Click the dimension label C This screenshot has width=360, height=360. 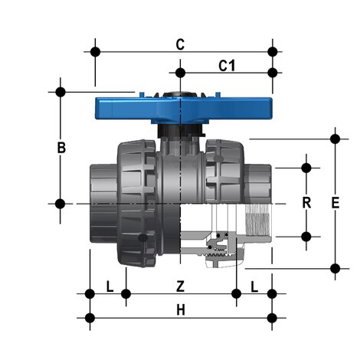(x=180, y=44)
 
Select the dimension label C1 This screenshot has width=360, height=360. (x=227, y=66)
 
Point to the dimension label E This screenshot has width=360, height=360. (x=334, y=203)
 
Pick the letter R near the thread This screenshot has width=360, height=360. (x=306, y=203)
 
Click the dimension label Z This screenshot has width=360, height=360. (x=181, y=286)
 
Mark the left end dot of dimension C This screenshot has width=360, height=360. (x=95, y=52)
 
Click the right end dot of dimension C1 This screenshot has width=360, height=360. (x=272, y=74)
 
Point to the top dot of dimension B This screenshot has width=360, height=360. (x=61, y=91)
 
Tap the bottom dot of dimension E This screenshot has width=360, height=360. (x=334, y=267)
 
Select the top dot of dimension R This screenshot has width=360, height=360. (x=306, y=167)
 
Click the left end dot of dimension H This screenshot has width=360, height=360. (x=90, y=316)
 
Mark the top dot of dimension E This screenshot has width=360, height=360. (x=334, y=139)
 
